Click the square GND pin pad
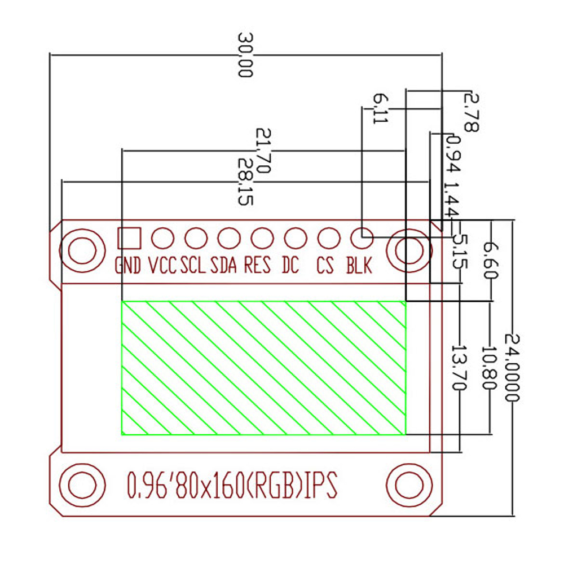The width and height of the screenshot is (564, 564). [129, 238]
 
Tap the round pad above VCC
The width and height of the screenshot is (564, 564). [162, 238]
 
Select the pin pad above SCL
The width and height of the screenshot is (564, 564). [196, 238]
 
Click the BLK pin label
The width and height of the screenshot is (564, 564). [359, 265]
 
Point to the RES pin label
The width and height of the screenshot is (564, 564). [257, 265]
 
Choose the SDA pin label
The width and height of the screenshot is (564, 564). [223, 265]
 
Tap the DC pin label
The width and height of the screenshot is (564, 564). [290, 265]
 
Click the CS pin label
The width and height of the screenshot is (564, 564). [325, 265]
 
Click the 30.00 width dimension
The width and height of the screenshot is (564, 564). [245, 55]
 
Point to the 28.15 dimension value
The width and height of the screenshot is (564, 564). [245, 181]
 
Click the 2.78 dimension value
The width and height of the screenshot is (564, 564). [470, 112]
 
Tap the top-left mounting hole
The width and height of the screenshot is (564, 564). [82, 249]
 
